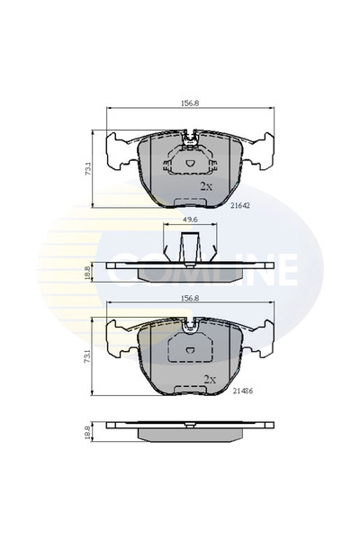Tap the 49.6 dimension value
(190, 219)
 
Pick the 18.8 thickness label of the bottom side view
(87, 432)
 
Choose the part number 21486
(244, 392)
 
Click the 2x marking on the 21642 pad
(206, 186)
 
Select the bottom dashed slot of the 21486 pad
(190, 387)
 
